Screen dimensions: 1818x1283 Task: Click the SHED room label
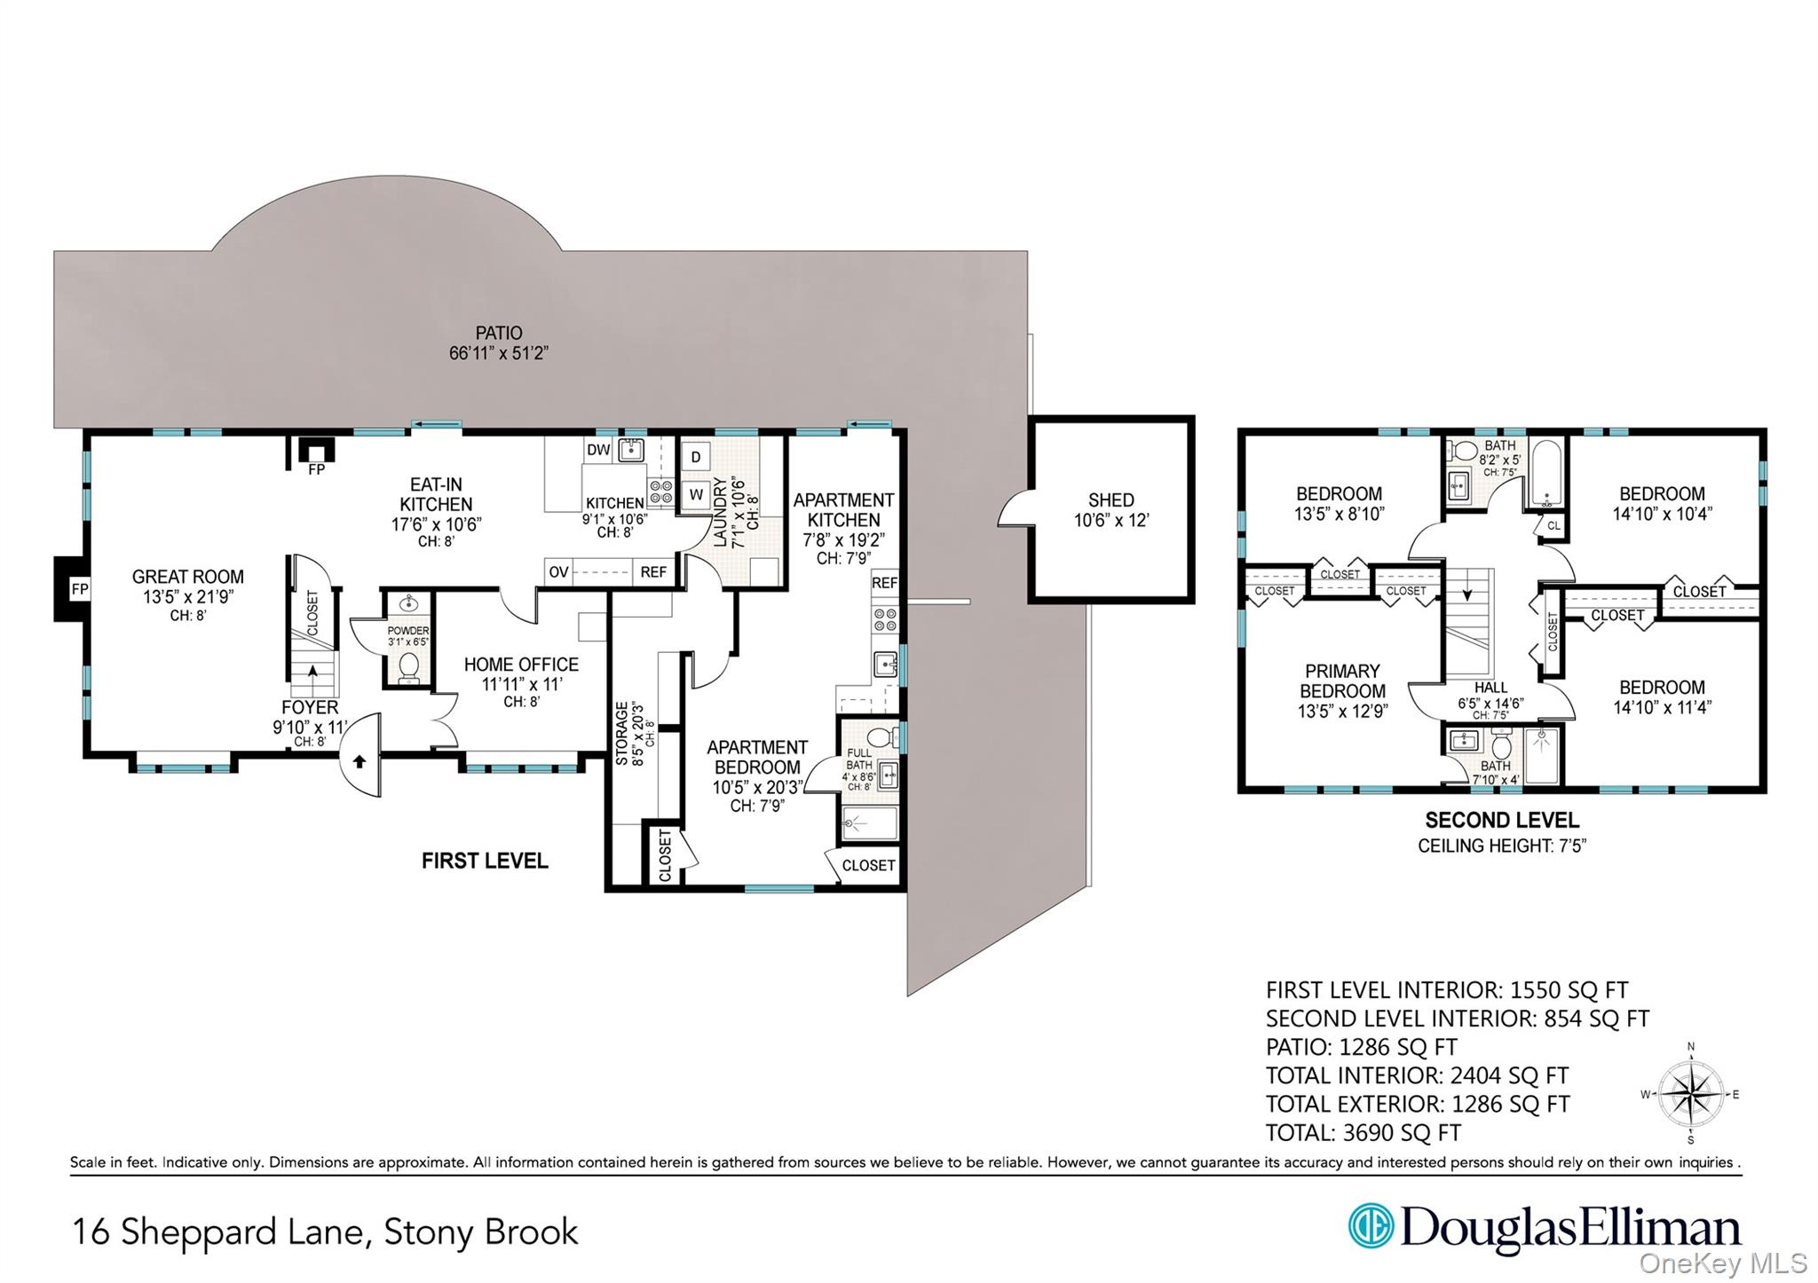[x=1111, y=500]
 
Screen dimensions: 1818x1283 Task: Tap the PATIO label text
[x=499, y=334]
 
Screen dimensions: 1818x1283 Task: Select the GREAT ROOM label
[x=187, y=577]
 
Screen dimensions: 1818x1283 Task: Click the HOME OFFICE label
[x=521, y=665]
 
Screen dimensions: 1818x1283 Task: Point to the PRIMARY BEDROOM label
[x=1342, y=681]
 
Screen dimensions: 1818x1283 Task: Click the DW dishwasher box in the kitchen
[x=598, y=450]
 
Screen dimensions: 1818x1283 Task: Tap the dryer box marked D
[x=696, y=458]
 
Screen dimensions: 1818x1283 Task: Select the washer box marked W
[x=696, y=494]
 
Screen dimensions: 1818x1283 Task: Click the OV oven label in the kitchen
[x=558, y=572]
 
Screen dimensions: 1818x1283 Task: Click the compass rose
[x=1690, y=1093]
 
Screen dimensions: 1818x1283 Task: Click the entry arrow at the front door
[x=360, y=760]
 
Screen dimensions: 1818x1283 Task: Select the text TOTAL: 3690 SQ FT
[x=1363, y=1133]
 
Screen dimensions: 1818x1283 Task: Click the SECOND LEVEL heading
[x=1502, y=821]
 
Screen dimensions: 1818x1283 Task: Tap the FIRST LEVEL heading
[x=485, y=861]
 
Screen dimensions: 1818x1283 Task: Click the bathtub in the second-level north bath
[x=1546, y=474]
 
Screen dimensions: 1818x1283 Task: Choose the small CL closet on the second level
[x=1553, y=525]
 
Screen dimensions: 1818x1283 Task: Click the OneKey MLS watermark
[x=1723, y=1263]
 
